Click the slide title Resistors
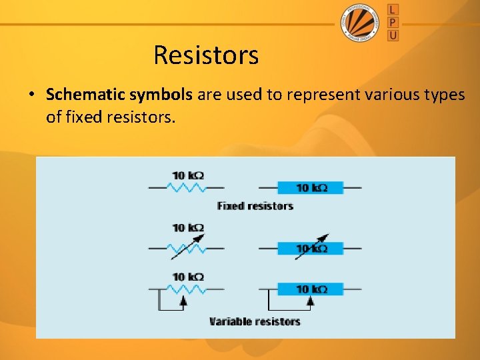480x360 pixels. click(x=206, y=55)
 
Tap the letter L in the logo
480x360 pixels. click(x=393, y=10)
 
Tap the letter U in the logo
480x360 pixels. click(x=393, y=34)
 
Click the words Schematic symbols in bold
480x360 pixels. click(x=119, y=95)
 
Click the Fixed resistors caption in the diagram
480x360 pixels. click(x=255, y=206)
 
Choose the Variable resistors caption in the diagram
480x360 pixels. click(x=255, y=321)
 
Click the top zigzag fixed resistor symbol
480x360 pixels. click(x=188, y=188)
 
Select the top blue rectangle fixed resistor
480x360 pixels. click(x=310, y=188)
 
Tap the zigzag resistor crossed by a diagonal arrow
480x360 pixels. click(x=188, y=248)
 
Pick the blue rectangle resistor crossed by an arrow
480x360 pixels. click(x=310, y=248)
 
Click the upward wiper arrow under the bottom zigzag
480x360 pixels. click(x=183, y=301)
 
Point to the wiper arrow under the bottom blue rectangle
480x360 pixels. click(x=310, y=301)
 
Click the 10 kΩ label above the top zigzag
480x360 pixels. click(x=188, y=175)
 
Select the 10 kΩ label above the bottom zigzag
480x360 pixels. click(x=188, y=277)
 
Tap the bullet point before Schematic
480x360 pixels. click(x=32, y=95)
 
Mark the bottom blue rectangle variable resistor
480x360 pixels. click(x=310, y=289)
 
